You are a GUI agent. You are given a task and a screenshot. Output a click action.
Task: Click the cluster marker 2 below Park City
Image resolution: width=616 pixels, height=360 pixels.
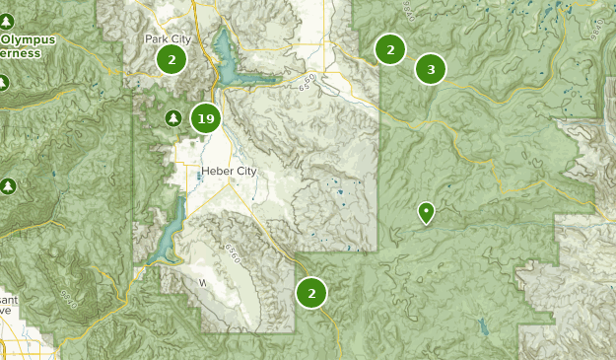(171, 59)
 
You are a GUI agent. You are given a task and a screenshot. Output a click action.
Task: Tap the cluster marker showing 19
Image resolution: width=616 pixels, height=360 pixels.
(205, 119)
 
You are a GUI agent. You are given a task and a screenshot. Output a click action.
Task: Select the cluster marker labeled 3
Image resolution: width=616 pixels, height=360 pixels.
(431, 69)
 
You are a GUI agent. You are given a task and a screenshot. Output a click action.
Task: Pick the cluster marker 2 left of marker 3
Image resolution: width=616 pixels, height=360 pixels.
(390, 48)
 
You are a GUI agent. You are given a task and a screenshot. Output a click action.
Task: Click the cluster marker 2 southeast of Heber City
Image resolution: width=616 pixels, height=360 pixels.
(311, 292)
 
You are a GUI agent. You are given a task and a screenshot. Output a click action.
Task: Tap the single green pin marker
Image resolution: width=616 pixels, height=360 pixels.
(426, 211)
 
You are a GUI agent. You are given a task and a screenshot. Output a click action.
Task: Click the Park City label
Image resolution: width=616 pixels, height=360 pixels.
(166, 39)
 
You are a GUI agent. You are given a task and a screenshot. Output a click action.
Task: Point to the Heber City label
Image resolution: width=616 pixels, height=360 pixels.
(228, 172)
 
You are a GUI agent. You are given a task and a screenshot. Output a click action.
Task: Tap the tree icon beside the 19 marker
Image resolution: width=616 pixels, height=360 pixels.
(173, 118)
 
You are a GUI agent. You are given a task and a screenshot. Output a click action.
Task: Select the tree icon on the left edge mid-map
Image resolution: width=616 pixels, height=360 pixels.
(9, 185)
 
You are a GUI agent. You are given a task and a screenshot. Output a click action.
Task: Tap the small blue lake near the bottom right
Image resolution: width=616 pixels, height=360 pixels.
(482, 324)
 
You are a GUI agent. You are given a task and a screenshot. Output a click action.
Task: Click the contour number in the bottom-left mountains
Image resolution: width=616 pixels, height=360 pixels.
(68, 299)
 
